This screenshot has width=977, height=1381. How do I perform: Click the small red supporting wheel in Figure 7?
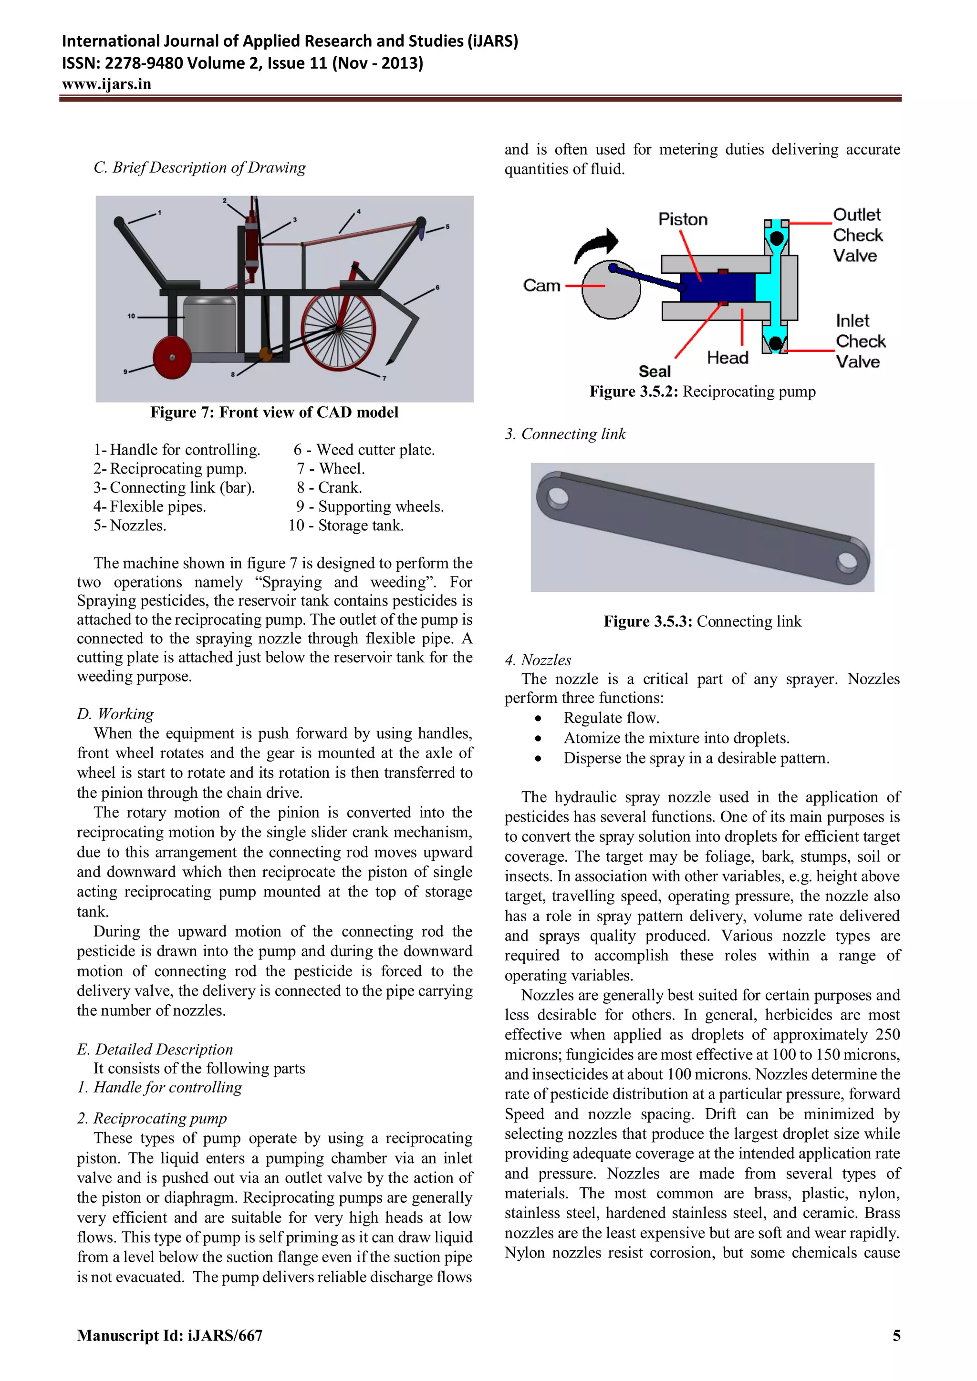[172, 357]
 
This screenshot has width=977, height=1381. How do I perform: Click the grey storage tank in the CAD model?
[209, 325]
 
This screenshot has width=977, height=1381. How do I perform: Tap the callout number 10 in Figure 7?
[131, 316]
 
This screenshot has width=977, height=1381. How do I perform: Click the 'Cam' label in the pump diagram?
[541, 285]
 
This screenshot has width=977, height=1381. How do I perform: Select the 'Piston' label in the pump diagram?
[683, 219]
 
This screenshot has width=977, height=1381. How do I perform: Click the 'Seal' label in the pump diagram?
[655, 371]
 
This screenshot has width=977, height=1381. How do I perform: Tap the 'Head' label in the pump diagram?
[728, 358]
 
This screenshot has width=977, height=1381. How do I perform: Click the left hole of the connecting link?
[557, 497]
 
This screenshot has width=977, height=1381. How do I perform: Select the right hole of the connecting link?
[847, 562]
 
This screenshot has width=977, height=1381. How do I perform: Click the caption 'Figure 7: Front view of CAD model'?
[274, 412]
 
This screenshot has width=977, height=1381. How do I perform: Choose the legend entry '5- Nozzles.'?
[130, 525]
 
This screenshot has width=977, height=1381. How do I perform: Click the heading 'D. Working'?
[115, 713]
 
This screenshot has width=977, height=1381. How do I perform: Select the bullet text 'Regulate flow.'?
[611, 718]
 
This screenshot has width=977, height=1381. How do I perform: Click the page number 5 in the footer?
[896, 1335]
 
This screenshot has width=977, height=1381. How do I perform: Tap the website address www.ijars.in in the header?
[106, 84]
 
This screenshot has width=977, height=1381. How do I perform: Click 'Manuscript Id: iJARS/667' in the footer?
[170, 1335]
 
